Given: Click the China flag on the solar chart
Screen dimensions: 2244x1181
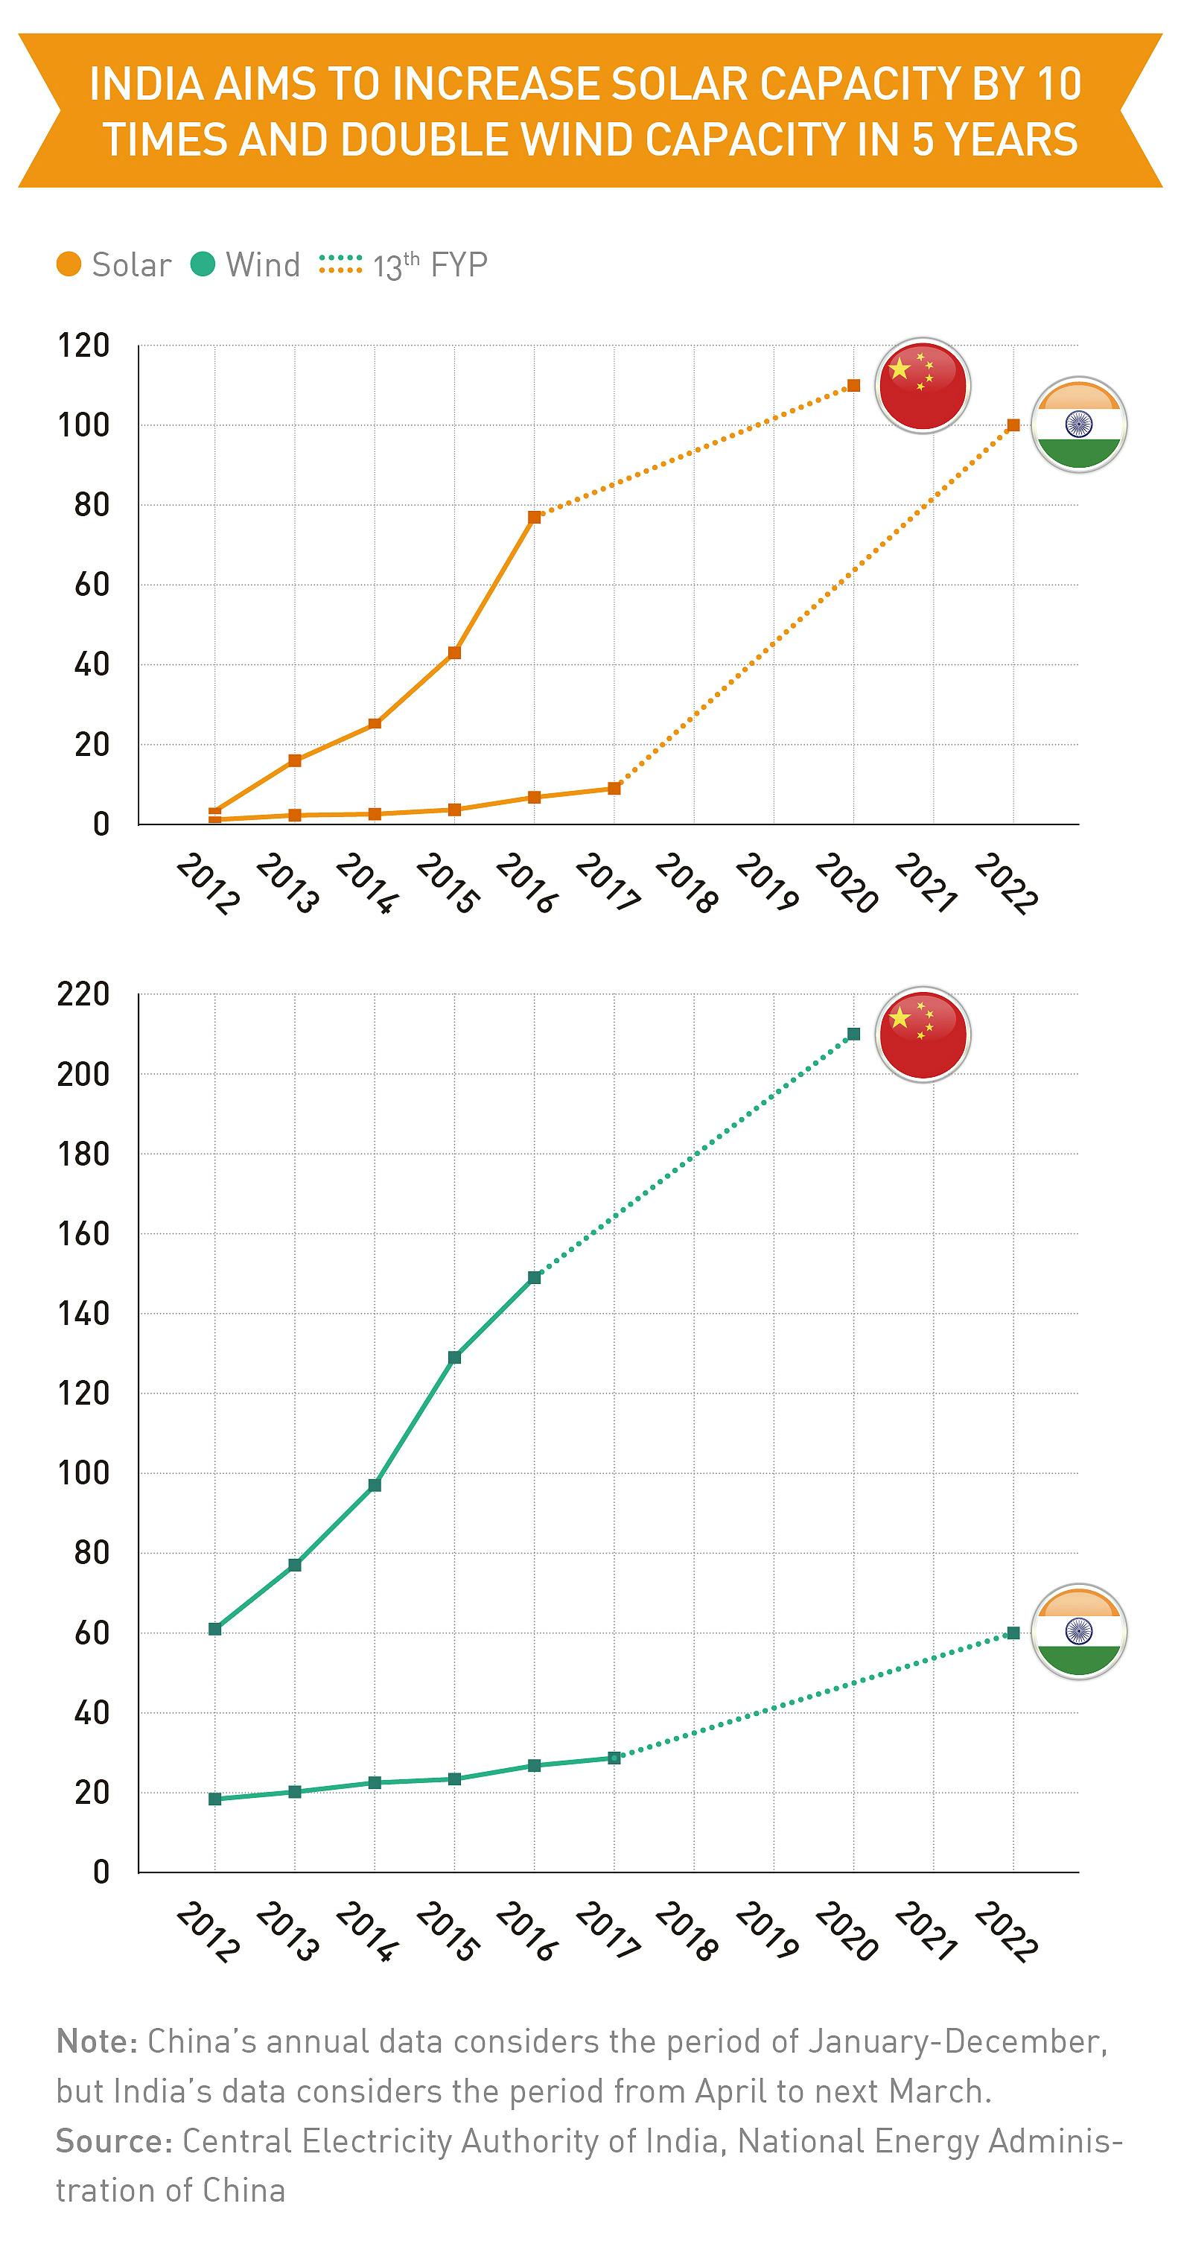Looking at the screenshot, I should [x=923, y=385].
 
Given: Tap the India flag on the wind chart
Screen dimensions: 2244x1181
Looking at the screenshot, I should [x=1078, y=1632].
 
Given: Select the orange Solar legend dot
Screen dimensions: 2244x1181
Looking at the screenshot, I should [x=69, y=264].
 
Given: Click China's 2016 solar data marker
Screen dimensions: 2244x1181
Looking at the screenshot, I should [x=535, y=517].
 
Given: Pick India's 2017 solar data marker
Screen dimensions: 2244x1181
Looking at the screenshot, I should [x=614, y=789].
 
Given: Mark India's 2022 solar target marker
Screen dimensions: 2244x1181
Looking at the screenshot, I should [x=1013, y=425].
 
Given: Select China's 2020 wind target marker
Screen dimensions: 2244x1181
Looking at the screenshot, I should [x=853, y=1034].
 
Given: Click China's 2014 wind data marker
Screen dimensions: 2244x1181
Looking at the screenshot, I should [x=375, y=1485].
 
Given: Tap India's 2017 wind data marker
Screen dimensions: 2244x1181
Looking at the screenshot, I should [x=614, y=1758].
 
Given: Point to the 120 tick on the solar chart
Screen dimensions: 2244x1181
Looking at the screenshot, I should [x=83, y=346].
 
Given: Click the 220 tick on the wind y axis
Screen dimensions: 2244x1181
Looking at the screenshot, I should [x=83, y=994].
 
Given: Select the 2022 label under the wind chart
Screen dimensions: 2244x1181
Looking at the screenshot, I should [x=1006, y=1931].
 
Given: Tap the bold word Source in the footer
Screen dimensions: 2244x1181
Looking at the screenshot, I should [x=114, y=2140].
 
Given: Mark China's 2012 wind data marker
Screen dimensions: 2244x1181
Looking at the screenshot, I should [x=215, y=1629].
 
